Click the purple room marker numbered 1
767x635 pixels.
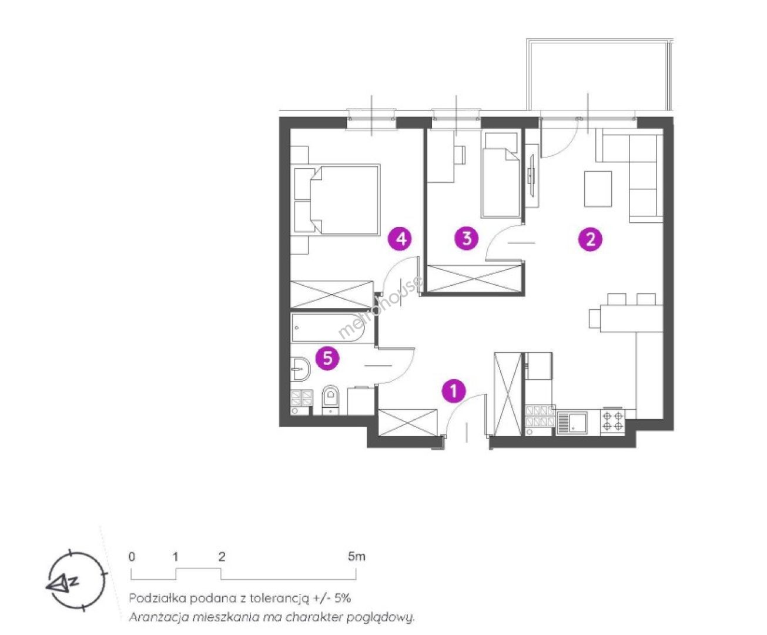454,390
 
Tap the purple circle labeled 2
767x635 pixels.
590,240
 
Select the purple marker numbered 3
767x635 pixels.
467,238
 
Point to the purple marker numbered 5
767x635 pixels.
328,358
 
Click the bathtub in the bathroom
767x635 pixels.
328,328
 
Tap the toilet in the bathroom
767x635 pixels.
330,400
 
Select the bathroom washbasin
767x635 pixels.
300,369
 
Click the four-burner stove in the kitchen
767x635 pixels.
612,422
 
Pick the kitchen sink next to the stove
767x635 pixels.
572,422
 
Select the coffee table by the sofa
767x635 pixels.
598,189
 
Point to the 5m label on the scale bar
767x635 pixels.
356,557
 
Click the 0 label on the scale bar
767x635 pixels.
132,557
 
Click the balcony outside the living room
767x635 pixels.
600,76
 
